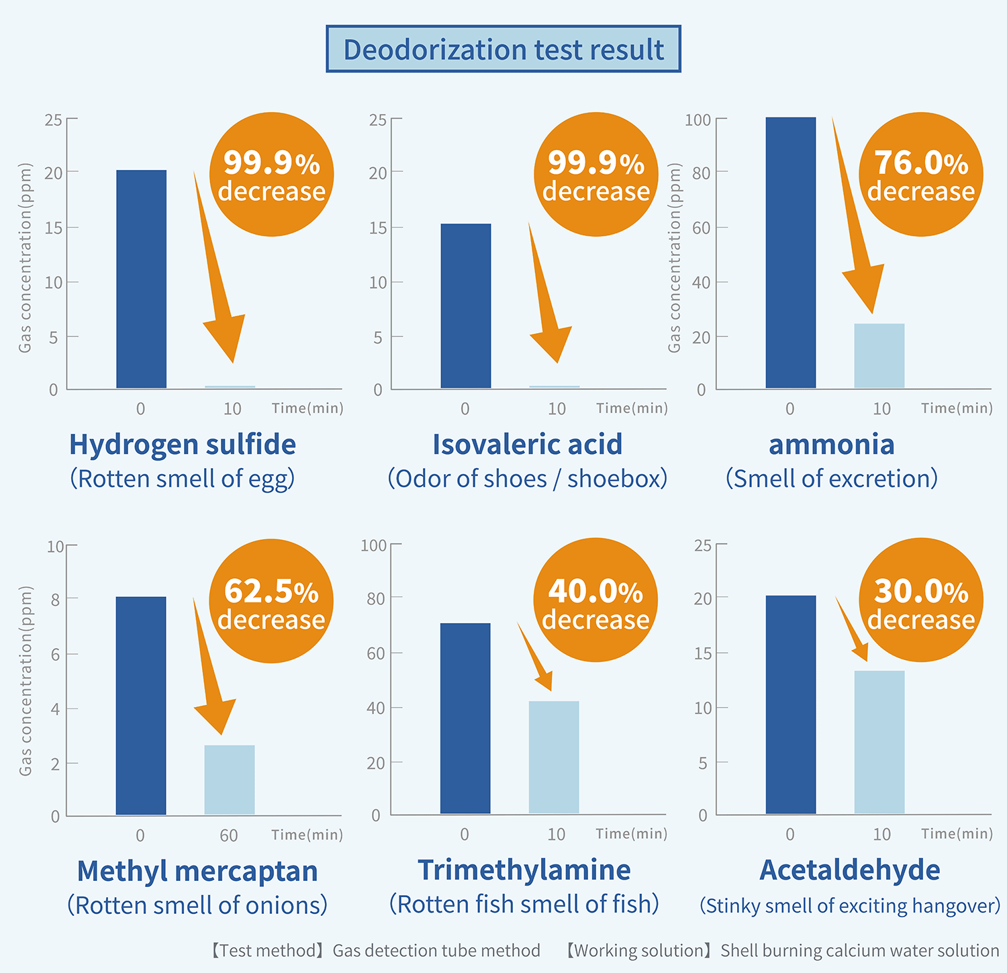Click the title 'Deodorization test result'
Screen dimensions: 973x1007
pyautogui.click(x=503, y=50)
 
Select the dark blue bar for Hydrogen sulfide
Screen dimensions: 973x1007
pyautogui.click(x=141, y=279)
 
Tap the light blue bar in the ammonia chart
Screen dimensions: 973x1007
pyautogui.click(x=879, y=356)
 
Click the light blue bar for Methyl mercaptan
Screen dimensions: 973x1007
pyautogui.click(x=229, y=780)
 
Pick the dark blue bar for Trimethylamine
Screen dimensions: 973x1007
pyautogui.click(x=465, y=718)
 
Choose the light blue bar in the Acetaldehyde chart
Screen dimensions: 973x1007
pyautogui.click(x=879, y=742)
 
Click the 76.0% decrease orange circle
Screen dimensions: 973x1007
pyautogui.click(x=920, y=175)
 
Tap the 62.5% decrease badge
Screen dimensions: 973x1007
pyautogui.click(x=271, y=602)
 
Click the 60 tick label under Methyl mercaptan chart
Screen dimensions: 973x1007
pyautogui.click(x=229, y=835)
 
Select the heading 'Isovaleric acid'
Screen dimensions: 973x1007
pyautogui.click(x=527, y=445)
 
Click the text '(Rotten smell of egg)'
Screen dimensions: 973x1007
pyautogui.click(x=182, y=479)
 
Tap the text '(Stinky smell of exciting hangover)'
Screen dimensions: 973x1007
pyautogui.click(x=849, y=905)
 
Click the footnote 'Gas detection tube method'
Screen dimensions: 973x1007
pyautogui.click(x=436, y=950)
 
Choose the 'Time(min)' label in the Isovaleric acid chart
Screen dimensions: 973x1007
pyautogui.click(x=632, y=408)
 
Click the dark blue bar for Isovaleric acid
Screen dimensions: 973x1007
pyautogui.click(x=465, y=306)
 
